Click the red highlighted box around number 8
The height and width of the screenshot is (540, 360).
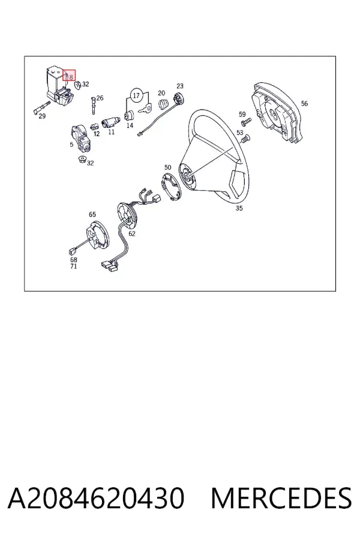(x=69, y=76)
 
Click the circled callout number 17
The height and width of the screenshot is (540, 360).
(x=136, y=95)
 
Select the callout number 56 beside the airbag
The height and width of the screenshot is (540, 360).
(x=304, y=103)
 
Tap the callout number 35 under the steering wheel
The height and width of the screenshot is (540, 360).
(x=239, y=208)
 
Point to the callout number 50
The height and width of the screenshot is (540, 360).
(x=168, y=167)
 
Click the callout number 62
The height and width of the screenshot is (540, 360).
(x=132, y=233)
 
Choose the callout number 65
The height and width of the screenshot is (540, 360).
(x=92, y=215)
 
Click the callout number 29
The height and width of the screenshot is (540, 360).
(x=42, y=116)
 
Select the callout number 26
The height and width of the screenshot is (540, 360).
(x=100, y=98)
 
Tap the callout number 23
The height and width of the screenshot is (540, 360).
(x=180, y=86)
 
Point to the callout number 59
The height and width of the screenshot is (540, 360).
(x=242, y=115)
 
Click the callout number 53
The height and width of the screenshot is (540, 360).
(x=240, y=133)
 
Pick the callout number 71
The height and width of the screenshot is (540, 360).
(x=74, y=266)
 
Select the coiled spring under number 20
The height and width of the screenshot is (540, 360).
(x=164, y=103)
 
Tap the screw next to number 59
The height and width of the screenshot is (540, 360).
(x=247, y=121)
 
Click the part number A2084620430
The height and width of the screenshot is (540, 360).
(x=96, y=497)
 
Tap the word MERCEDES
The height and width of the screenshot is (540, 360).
(x=281, y=497)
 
